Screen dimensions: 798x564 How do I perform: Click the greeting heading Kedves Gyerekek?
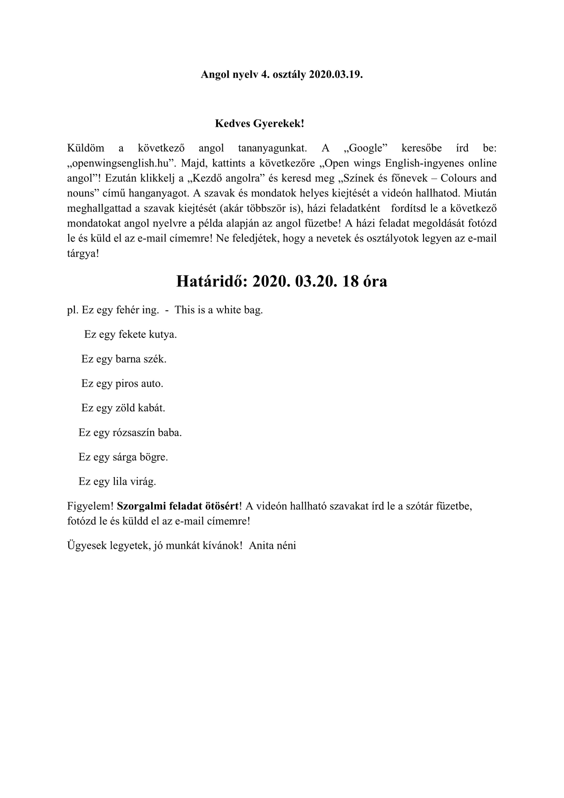[x=260, y=123]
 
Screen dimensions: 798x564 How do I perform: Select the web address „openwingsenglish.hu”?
[x=121, y=163]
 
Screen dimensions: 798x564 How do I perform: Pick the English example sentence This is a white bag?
[x=219, y=310]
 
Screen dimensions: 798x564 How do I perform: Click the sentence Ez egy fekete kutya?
[x=131, y=334]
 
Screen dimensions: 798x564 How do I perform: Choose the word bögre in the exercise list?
[x=155, y=457]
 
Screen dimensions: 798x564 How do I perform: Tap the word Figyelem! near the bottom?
[x=91, y=506]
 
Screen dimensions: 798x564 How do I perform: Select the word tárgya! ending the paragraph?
[x=83, y=255]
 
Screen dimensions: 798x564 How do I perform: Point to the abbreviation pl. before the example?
[x=72, y=310]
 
